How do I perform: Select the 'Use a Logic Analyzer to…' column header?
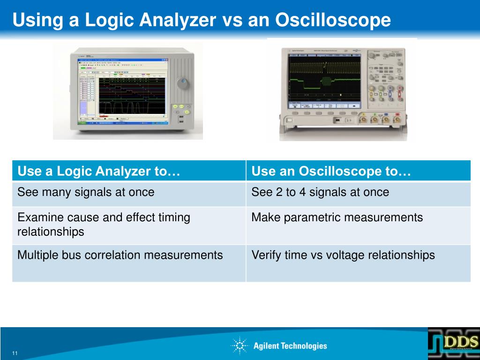coord(99,172)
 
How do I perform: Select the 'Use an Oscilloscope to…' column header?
coord(331,172)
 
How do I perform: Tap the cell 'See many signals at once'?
coord(86,192)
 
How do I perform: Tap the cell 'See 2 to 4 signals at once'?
coord(320,192)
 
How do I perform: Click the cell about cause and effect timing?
coord(104,224)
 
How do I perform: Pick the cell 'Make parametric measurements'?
coord(337,217)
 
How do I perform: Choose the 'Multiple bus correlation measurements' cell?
coord(120,255)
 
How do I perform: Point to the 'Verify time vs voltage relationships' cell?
coord(343,255)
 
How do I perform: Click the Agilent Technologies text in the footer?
coord(290,346)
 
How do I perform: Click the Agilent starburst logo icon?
coord(240,346)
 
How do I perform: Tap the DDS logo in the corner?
coord(453,343)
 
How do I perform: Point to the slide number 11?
coord(15,353)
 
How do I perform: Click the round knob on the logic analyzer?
coord(183,84)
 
